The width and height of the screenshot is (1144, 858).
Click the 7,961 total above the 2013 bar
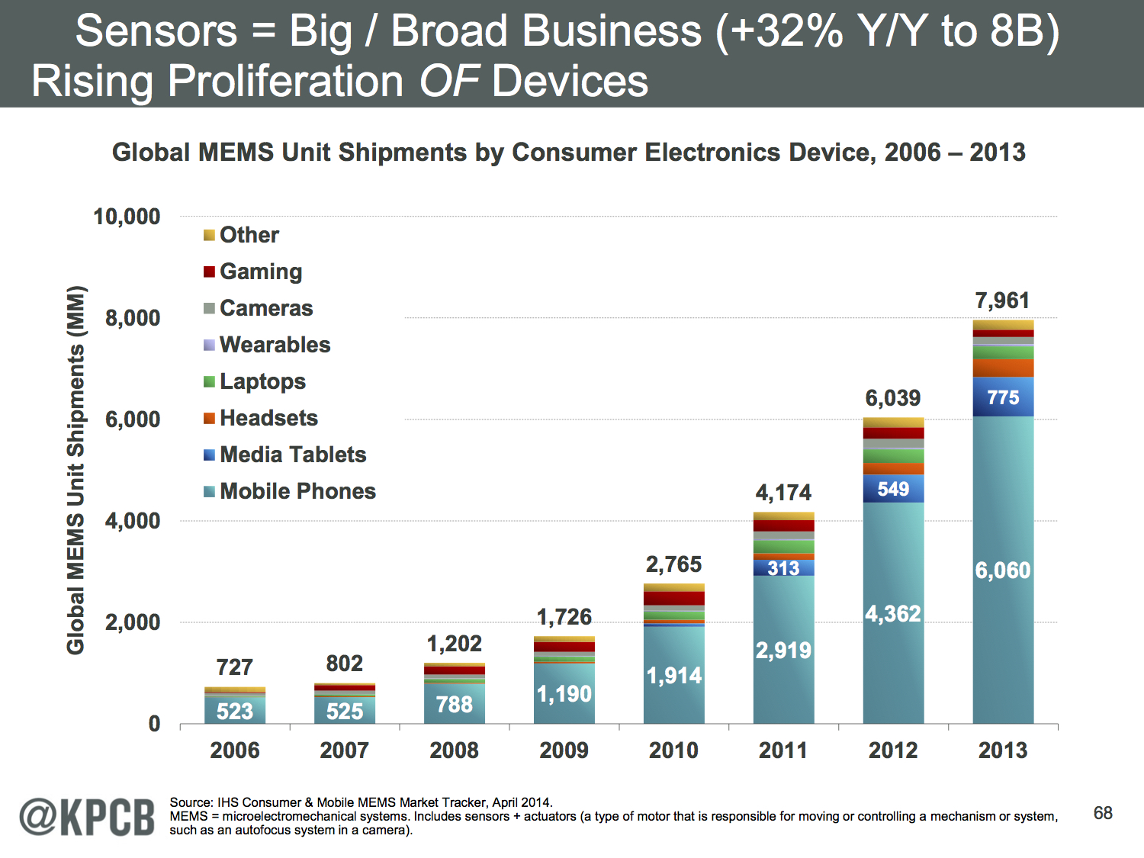(x=1002, y=300)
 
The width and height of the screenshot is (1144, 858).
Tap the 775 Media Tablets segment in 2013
(x=1003, y=397)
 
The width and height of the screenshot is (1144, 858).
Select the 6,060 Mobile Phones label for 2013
(x=1002, y=570)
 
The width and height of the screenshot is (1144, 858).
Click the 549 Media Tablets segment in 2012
(x=893, y=489)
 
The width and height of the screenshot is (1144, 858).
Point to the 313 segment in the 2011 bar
(x=783, y=568)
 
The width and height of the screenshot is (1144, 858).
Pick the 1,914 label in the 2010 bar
(x=673, y=676)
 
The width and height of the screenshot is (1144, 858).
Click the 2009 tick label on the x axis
(x=564, y=750)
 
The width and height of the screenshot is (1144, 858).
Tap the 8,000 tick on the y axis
(x=133, y=318)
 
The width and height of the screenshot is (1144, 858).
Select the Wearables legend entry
(x=275, y=345)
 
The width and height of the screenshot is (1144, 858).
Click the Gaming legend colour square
(x=209, y=272)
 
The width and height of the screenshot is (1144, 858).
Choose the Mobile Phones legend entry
(x=297, y=491)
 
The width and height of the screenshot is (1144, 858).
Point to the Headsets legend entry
(x=268, y=418)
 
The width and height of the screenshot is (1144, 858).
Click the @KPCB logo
(x=86, y=817)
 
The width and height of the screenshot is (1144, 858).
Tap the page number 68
(x=1103, y=813)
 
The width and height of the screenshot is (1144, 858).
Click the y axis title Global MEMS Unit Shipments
(x=76, y=470)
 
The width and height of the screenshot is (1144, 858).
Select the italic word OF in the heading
(x=448, y=82)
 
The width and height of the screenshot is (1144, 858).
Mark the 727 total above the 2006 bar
(x=234, y=667)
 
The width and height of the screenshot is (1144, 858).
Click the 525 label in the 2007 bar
(x=345, y=712)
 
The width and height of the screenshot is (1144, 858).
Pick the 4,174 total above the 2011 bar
(x=783, y=493)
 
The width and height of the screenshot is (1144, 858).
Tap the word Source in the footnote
(x=191, y=802)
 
